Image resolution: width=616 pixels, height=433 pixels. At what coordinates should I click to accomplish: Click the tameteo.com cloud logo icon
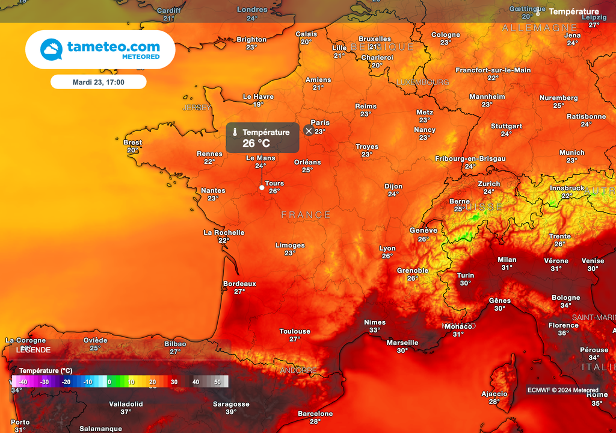click(51, 49)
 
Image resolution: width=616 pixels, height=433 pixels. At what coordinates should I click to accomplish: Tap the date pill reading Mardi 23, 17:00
click(98, 82)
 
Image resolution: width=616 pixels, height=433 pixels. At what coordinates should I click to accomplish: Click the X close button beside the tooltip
click(309, 131)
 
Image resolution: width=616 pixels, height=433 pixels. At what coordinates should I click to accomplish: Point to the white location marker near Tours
click(262, 188)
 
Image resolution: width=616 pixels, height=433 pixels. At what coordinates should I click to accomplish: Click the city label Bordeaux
click(239, 284)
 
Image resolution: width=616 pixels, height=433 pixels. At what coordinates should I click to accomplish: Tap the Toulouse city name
click(295, 331)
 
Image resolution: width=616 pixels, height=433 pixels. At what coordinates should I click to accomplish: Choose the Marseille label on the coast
click(402, 343)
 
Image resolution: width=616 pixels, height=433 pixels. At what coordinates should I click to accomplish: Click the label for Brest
click(132, 143)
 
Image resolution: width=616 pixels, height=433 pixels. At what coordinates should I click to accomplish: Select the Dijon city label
click(393, 186)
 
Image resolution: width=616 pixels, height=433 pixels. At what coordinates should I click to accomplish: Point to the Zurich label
click(488, 184)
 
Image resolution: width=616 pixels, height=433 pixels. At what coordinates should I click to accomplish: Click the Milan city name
click(507, 260)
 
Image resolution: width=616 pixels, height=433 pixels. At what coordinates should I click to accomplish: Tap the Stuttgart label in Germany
click(506, 126)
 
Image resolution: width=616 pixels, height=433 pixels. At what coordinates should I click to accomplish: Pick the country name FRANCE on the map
click(306, 215)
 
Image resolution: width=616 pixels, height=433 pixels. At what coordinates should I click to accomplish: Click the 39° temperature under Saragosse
click(231, 412)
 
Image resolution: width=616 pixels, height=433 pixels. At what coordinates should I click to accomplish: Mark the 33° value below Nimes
click(375, 330)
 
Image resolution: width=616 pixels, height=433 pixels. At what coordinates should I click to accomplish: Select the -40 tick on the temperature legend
click(23, 382)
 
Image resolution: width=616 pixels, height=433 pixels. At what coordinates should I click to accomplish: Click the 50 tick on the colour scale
click(217, 382)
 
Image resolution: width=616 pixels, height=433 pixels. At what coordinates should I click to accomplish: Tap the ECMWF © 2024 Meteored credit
click(563, 390)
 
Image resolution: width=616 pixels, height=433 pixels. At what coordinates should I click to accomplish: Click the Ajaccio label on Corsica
click(494, 394)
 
